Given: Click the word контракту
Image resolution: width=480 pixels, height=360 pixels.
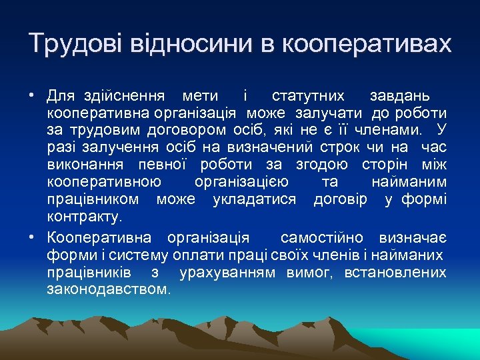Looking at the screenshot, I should click(84, 216).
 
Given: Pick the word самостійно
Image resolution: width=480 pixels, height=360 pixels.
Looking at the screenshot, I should click(321, 238).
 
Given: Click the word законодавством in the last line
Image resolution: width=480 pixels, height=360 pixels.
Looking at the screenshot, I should click(109, 290).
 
